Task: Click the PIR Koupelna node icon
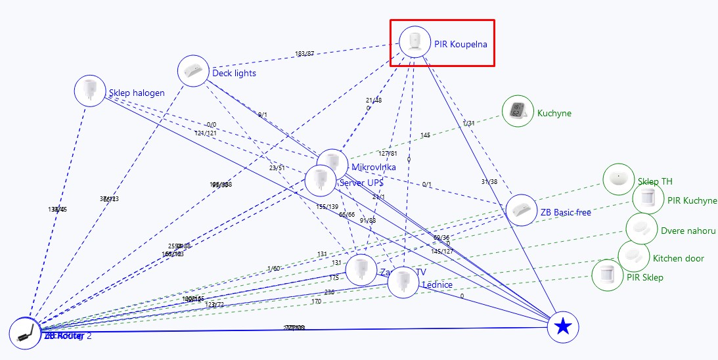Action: [x=415, y=41]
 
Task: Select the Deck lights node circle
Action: [x=193, y=71]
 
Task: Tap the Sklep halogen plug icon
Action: [x=89, y=91]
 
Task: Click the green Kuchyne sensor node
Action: [x=518, y=111]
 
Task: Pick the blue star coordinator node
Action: [x=563, y=326]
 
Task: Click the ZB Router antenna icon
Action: [x=25, y=332]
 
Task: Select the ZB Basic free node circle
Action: [x=522, y=210]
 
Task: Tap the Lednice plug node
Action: [x=403, y=282]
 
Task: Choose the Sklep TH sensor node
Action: [x=618, y=179]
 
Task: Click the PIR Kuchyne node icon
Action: [x=648, y=198]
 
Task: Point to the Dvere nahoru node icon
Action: [x=641, y=229]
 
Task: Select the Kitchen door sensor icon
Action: [x=634, y=257]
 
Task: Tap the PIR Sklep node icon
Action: [x=608, y=275]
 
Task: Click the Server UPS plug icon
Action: [x=321, y=180]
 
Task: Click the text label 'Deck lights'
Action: [x=234, y=73]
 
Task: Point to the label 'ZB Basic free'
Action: [x=565, y=212]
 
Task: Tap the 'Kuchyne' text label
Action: [x=554, y=113]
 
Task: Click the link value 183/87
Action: [x=304, y=54]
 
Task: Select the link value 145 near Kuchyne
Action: [x=425, y=135]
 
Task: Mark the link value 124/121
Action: [x=206, y=133]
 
